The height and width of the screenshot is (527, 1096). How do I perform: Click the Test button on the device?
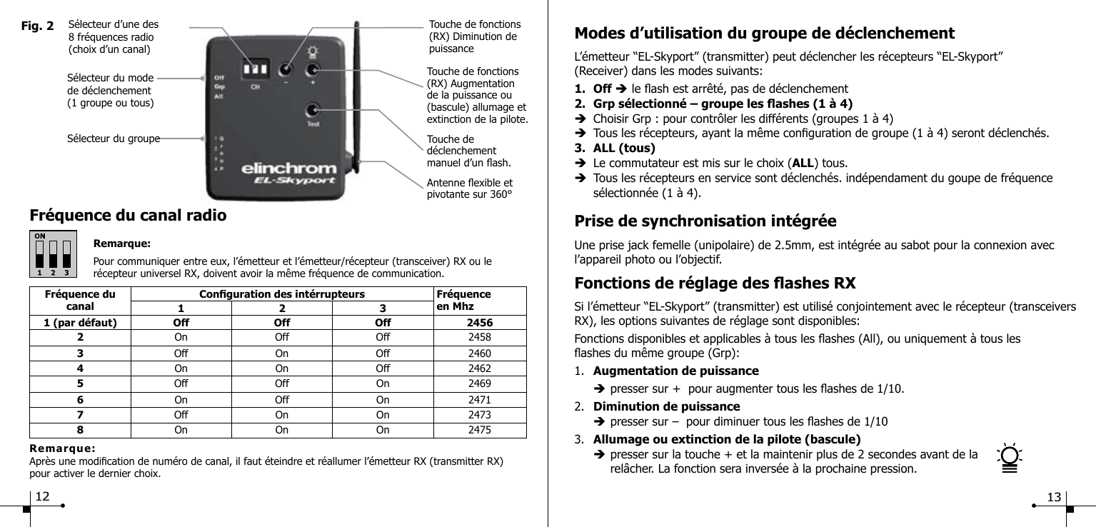pyautogui.click(x=313, y=111)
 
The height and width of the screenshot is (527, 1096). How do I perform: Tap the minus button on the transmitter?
pyautogui.click(x=286, y=70)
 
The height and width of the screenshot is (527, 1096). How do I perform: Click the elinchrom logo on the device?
pyautogui.click(x=288, y=169)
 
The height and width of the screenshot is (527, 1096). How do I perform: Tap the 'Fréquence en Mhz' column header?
pyautogui.click(x=463, y=299)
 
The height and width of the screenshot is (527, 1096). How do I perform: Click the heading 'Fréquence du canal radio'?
pyautogui.click(x=129, y=215)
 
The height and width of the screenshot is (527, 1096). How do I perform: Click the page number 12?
pyautogui.click(x=43, y=496)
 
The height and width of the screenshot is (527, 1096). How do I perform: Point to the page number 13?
pyautogui.click(x=1054, y=496)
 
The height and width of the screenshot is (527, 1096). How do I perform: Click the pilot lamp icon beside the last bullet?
pyautogui.click(x=1010, y=458)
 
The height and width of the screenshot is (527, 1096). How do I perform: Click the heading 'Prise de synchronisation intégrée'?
pyautogui.click(x=705, y=221)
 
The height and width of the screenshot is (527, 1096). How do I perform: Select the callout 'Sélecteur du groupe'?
pyautogui.click(x=113, y=139)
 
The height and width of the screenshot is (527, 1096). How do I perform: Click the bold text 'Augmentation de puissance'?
pyautogui.click(x=676, y=371)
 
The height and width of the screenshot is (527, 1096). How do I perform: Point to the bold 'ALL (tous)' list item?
pyautogui.click(x=624, y=149)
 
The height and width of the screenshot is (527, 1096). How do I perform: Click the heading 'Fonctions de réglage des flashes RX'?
pyautogui.click(x=715, y=282)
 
